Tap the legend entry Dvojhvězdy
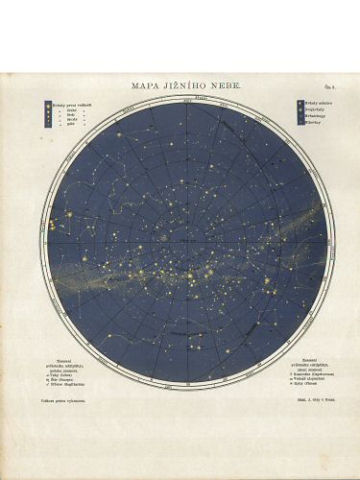[315, 108]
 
